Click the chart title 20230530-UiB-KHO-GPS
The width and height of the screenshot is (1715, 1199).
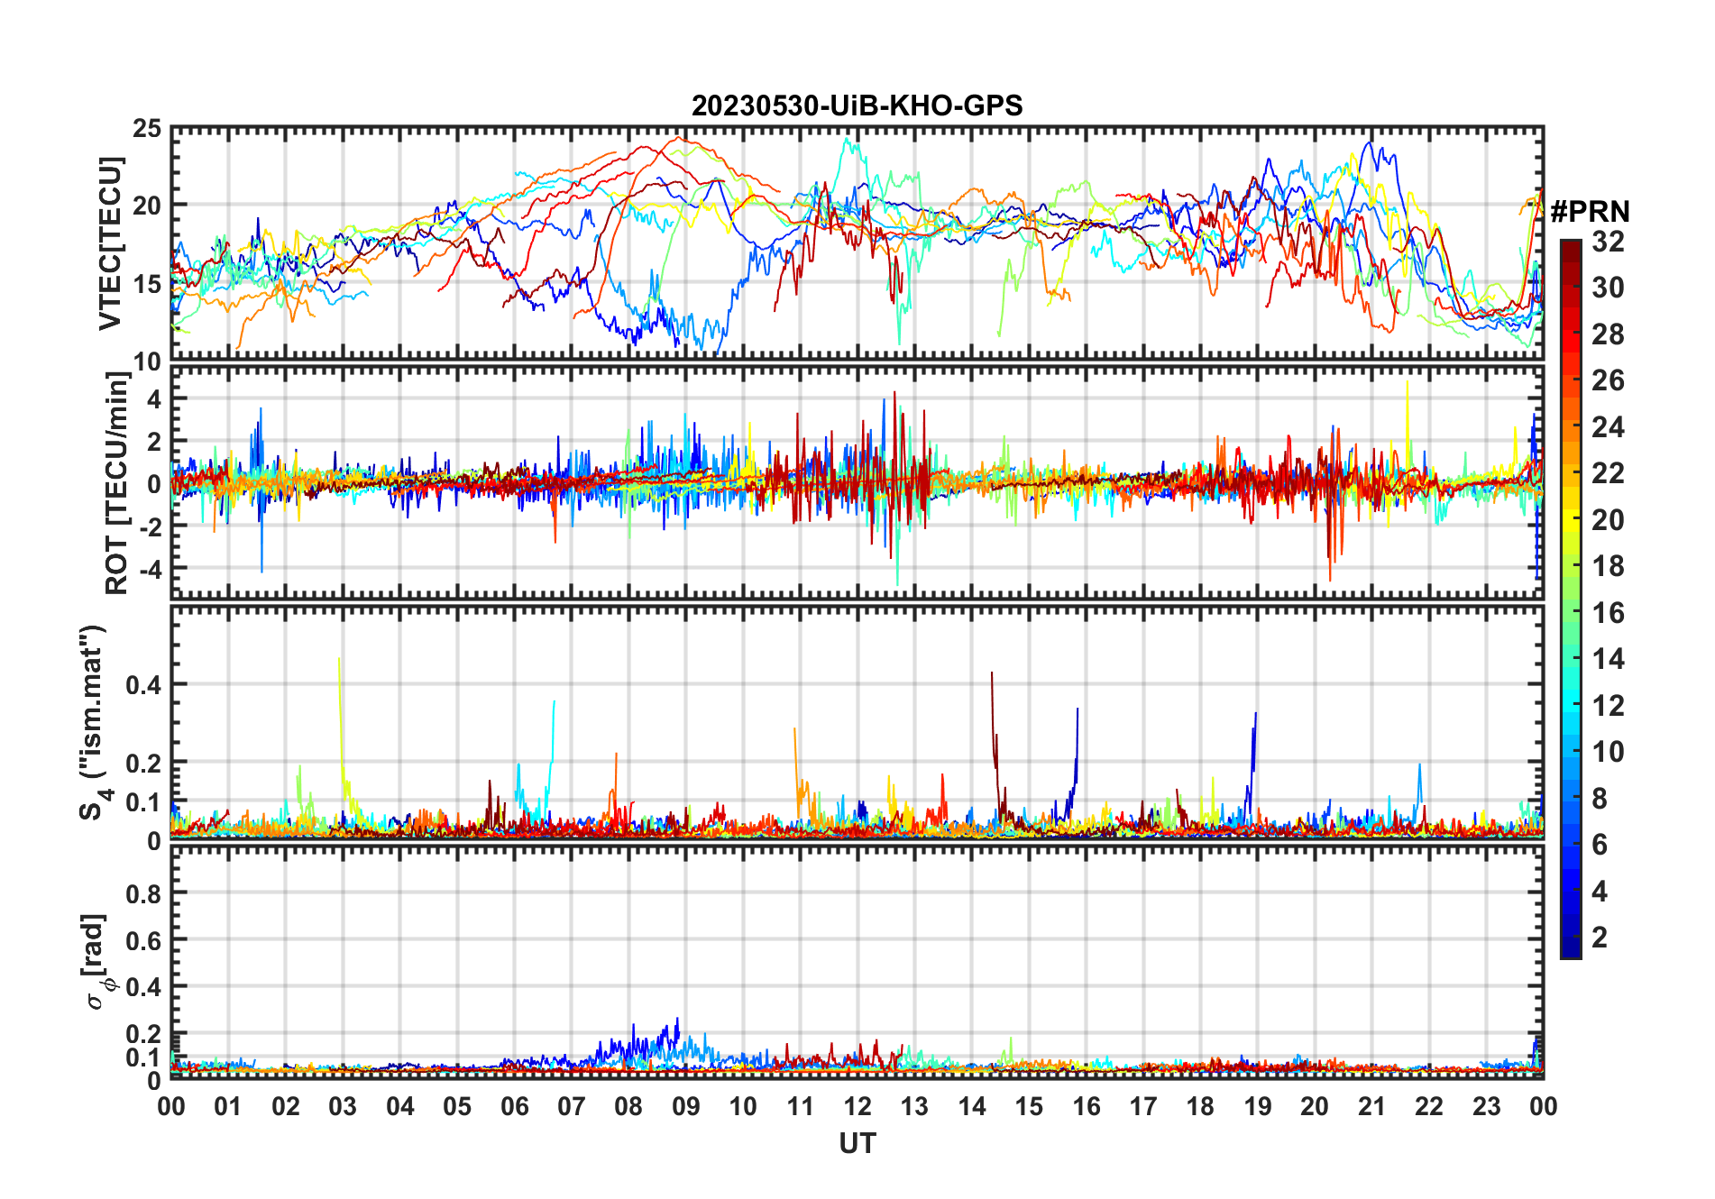coord(857,106)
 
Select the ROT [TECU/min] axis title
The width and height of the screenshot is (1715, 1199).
coord(117,482)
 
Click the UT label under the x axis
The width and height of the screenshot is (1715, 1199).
coord(857,1144)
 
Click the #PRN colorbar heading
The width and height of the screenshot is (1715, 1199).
coord(1590,212)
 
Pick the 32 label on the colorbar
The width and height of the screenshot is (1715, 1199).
coord(1608,242)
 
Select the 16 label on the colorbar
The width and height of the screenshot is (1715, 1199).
coord(1608,613)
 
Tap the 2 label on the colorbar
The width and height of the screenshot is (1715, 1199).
coord(1600,938)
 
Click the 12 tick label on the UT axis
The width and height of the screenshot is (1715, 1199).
coord(857,1107)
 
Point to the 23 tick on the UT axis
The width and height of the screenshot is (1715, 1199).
coord(1486,1107)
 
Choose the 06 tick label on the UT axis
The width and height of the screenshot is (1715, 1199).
coord(514,1107)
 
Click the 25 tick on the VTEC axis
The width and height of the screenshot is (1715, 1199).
coord(147,129)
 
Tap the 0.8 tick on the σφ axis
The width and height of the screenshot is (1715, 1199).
coord(143,893)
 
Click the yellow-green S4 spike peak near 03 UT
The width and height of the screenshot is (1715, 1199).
coord(339,659)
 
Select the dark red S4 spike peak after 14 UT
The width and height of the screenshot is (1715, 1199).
coord(992,673)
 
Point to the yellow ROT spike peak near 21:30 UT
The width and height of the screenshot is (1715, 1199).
coord(1407,382)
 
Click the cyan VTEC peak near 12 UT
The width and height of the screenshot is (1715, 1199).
coord(847,140)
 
